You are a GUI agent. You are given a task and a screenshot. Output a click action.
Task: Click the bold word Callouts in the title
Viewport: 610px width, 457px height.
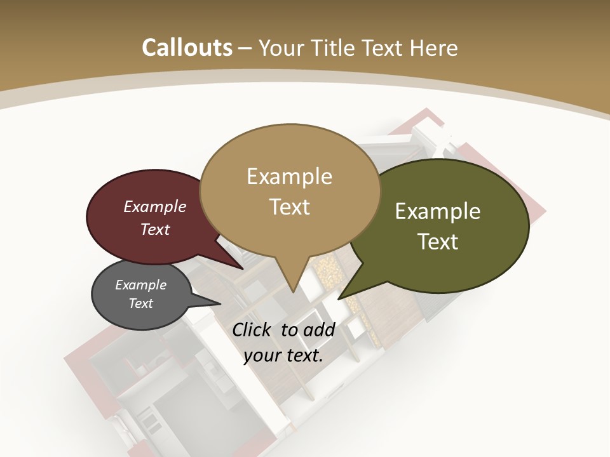tap(187, 48)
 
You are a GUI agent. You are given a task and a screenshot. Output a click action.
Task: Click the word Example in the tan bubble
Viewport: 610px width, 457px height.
tap(289, 176)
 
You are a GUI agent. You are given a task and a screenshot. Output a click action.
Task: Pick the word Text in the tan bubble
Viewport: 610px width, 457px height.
tap(289, 207)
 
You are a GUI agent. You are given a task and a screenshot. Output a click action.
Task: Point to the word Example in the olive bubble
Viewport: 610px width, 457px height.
tap(438, 211)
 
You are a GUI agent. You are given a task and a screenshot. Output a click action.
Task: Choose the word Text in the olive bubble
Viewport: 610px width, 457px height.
tap(438, 242)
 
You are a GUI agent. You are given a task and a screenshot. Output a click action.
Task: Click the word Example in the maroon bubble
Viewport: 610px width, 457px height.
tap(155, 207)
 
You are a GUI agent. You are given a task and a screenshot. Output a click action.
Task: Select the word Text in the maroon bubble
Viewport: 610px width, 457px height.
tap(155, 230)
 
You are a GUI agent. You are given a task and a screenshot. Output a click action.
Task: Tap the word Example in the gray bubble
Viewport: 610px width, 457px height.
tap(140, 285)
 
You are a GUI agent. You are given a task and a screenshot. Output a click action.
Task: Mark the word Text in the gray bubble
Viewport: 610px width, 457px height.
tap(140, 303)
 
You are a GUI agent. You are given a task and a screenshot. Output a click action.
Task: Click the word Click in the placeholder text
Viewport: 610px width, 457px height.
tap(253, 329)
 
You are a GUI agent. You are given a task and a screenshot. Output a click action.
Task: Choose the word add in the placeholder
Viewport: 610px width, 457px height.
tap(320, 329)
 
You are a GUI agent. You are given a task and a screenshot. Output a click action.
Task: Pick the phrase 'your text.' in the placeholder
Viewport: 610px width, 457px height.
tap(283, 355)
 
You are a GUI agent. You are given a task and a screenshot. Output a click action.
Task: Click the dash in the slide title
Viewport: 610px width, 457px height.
tap(245, 48)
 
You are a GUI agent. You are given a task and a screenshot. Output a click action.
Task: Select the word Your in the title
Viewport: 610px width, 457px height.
tap(280, 48)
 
